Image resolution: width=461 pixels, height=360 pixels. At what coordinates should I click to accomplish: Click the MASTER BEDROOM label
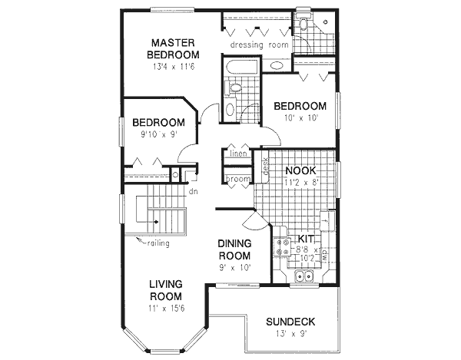[174, 48]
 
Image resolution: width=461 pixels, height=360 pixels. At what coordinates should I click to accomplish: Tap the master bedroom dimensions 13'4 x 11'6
[174, 67]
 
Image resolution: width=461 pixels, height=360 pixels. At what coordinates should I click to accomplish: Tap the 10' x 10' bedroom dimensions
[299, 118]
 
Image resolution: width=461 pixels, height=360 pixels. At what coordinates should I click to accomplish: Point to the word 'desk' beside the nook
[264, 166]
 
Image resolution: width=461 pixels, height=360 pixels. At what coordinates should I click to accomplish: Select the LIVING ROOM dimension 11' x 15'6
[166, 308]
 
